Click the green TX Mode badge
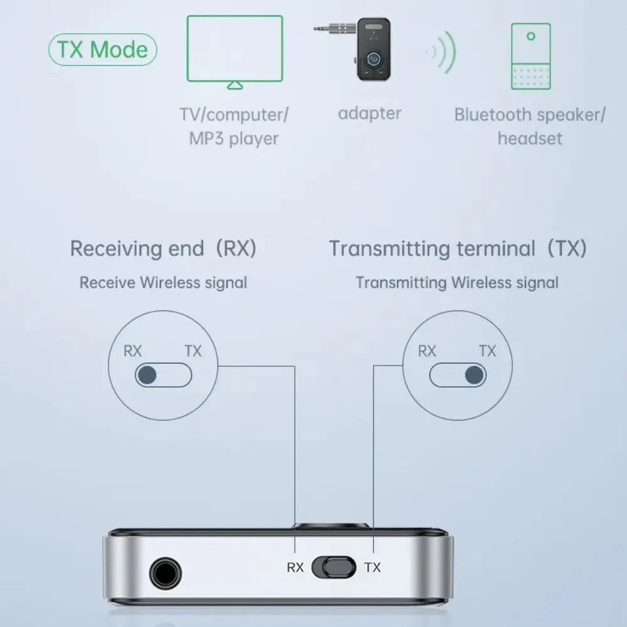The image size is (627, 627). pyautogui.click(x=102, y=50)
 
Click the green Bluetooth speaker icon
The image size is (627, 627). pyautogui.click(x=530, y=56)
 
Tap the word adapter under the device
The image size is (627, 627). pyautogui.click(x=369, y=113)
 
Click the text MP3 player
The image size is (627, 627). pyautogui.click(x=234, y=138)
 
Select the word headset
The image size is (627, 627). pyautogui.click(x=530, y=138)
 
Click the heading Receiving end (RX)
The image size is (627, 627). pyautogui.click(x=163, y=248)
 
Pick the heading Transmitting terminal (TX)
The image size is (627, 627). pyautogui.click(x=458, y=248)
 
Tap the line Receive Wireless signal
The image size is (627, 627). pyautogui.click(x=163, y=282)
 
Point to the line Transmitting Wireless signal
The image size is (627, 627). pyautogui.click(x=457, y=282)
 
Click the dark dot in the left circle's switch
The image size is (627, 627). pyautogui.click(x=147, y=376)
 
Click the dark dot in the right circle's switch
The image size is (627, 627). pyautogui.click(x=475, y=376)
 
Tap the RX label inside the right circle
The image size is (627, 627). pyautogui.click(x=427, y=351)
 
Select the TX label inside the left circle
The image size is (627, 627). pyautogui.click(x=193, y=351)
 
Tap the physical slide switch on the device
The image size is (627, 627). pyautogui.click(x=333, y=568)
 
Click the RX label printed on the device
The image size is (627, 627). pyautogui.click(x=295, y=568)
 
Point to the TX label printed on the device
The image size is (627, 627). pyautogui.click(x=372, y=568)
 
